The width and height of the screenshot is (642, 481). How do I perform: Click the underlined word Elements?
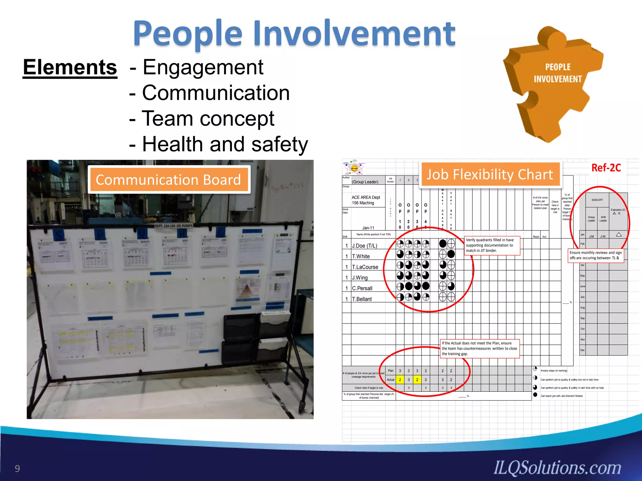click(x=70, y=67)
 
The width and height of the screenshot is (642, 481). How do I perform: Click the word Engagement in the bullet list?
click(x=203, y=67)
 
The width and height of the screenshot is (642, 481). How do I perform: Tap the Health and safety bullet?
click(x=225, y=144)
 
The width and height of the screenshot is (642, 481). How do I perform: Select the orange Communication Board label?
click(x=168, y=180)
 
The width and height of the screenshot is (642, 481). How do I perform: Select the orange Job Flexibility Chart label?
click(x=490, y=175)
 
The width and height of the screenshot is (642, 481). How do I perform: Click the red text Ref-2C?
click(x=606, y=168)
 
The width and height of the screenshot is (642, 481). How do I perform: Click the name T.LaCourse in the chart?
click(x=365, y=267)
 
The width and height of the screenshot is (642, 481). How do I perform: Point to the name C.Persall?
click(x=362, y=288)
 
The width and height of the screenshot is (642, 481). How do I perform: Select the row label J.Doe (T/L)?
click(x=365, y=246)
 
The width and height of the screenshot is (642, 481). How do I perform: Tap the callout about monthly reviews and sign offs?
click(x=596, y=255)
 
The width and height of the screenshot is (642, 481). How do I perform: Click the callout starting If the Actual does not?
click(x=480, y=349)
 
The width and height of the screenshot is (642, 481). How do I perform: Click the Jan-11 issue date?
click(x=368, y=228)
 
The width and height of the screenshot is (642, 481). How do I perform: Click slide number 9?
click(x=17, y=468)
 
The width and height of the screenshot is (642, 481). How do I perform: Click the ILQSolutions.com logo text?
click(x=557, y=468)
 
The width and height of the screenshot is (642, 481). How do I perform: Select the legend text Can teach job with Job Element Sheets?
click(x=561, y=396)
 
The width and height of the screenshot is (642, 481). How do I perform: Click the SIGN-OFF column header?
click(x=597, y=200)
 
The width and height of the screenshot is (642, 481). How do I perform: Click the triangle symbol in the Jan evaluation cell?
click(x=618, y=235)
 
